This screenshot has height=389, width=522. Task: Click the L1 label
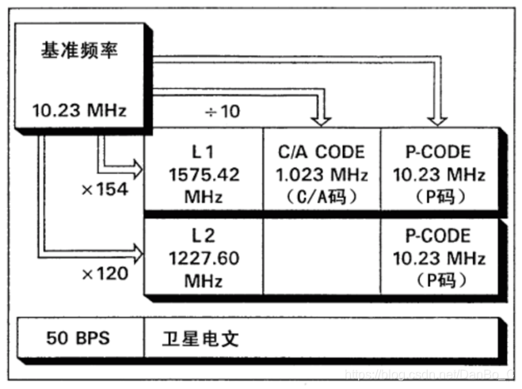203,151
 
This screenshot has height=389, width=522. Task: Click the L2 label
203,235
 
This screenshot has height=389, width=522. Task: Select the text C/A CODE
322,151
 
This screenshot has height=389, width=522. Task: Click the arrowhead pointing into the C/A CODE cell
322,119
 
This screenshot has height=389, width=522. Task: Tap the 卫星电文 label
193,340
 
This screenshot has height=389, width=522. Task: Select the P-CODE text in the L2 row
437,235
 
